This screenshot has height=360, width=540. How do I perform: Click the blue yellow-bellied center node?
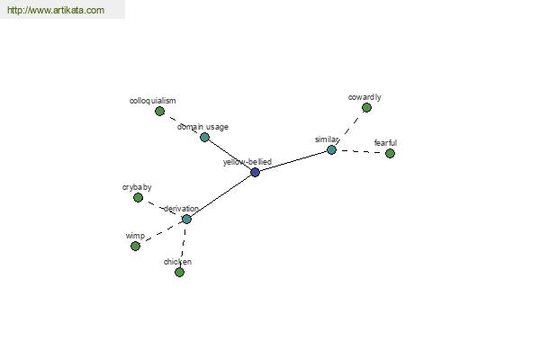(255, 172)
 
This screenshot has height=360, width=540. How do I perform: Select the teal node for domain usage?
(204, 137)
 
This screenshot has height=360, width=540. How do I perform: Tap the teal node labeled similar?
(331, 150)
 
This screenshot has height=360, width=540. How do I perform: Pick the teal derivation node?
(186, 219)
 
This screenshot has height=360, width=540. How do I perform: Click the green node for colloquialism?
(159, 111)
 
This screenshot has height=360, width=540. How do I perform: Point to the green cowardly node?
(366, 108)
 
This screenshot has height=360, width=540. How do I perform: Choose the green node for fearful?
(390, 153)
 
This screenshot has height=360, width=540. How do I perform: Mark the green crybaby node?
(138, 197)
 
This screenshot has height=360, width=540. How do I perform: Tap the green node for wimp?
(135, 246)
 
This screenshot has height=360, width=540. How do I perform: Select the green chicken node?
(179, 272)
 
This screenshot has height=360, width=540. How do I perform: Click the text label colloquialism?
(153, 101)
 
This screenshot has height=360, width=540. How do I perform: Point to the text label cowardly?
(364, 97)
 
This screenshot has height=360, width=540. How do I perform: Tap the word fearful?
(385, 142)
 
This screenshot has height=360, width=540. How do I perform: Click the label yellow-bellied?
(247, 162)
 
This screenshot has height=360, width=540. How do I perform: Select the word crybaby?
(137, 187)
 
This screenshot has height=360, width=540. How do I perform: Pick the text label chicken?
(177, 262)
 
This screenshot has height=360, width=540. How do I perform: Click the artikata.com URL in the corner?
(56, 10)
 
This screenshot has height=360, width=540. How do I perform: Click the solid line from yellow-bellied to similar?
(293, 161)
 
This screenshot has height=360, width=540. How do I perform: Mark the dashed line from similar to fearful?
(361, 151)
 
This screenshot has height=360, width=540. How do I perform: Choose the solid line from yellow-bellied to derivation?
(220, 195)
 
